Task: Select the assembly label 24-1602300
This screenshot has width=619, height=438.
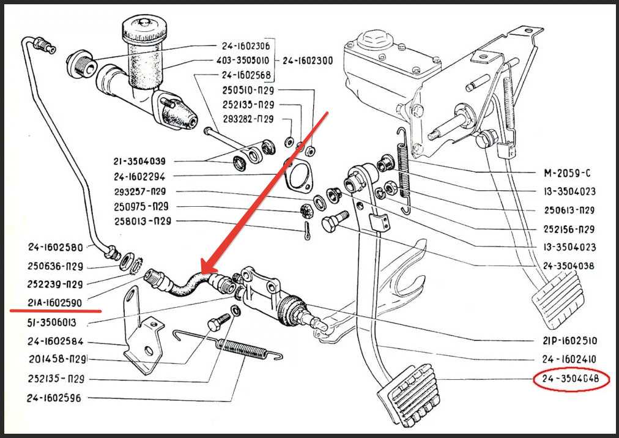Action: coord(307,61)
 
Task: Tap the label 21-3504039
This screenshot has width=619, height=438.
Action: coord(139,161)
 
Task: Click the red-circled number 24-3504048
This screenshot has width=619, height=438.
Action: coord(572,380)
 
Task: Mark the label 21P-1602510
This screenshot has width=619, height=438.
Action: coord(569,341)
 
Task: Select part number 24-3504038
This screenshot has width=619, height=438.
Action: coord(568,266)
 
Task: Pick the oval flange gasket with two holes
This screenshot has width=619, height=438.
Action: coord(297,176)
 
